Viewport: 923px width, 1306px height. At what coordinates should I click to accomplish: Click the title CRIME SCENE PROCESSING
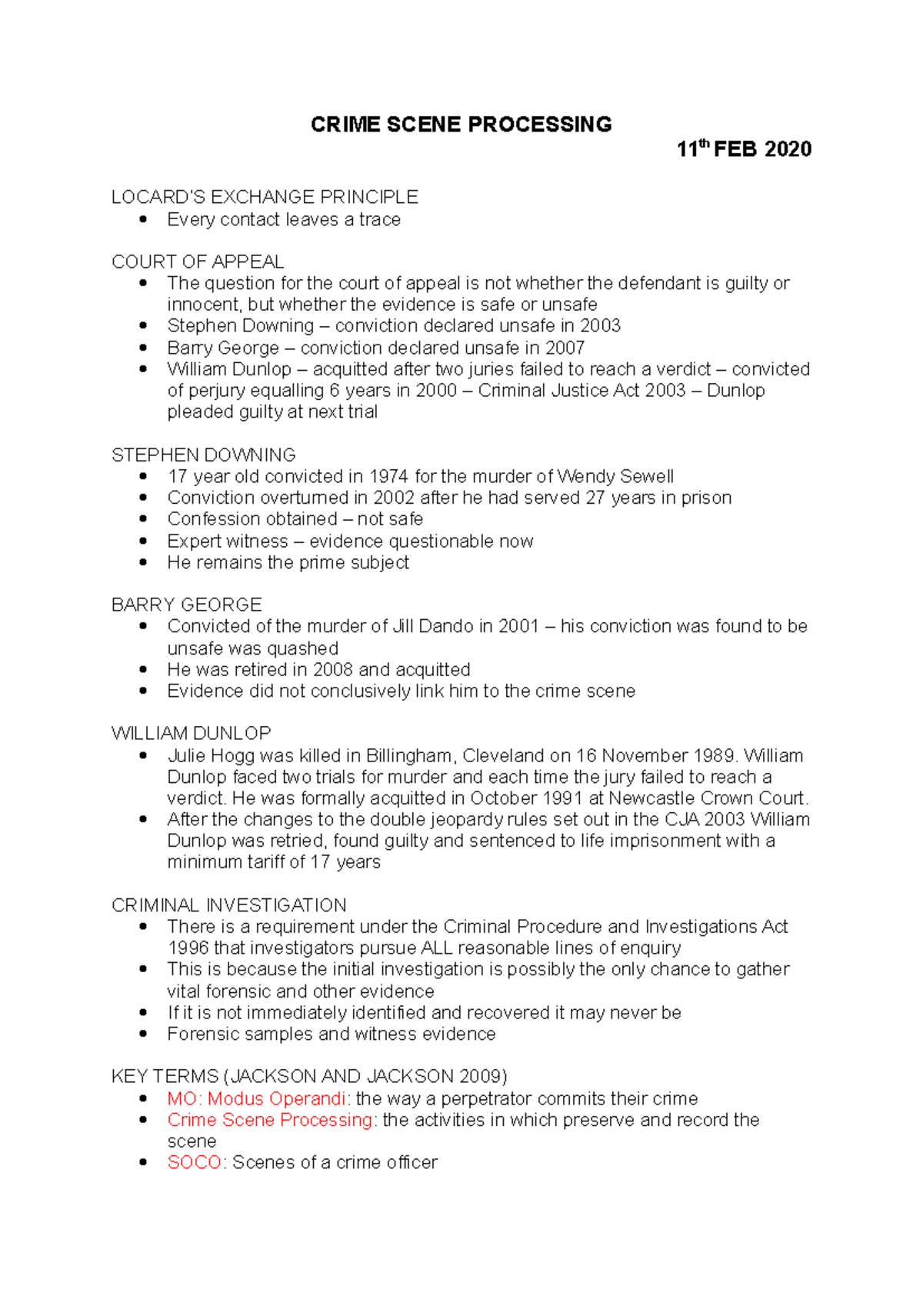[x=461, y=125]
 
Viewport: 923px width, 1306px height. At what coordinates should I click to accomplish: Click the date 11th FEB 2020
[x=744, y=149]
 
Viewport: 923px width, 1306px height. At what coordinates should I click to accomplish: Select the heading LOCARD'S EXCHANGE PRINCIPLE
[x=265, y=197]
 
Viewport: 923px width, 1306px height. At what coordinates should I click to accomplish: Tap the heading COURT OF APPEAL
[x=198, y=262]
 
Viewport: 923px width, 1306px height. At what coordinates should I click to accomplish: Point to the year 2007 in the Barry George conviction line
[x=565, y=348]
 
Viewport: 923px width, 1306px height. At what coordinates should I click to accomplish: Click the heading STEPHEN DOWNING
[x=203, y=455]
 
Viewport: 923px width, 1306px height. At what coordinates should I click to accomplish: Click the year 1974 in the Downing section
[x=389, y=476]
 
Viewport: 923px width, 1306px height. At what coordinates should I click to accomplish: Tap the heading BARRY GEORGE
[x=186, y=605]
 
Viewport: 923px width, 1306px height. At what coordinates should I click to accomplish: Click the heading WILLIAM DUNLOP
[x=191, y=733]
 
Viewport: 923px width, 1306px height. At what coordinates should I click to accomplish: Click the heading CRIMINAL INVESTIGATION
[x=228, y=905]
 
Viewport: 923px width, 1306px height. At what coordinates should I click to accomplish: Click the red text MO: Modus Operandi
[x=256, y=1098]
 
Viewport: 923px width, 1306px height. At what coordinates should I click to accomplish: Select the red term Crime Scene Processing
[x=270, y=1120]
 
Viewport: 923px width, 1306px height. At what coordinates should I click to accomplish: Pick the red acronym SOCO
[x=194, y=1162]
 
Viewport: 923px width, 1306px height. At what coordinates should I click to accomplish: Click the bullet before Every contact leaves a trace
[x=143, y=220]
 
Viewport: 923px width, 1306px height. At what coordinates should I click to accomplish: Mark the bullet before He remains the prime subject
[x=143, y=562]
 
